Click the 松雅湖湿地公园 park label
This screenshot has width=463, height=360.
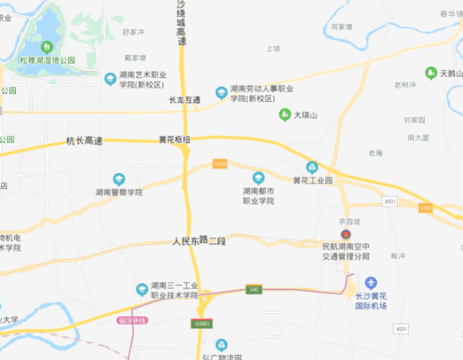(x=48, y=60)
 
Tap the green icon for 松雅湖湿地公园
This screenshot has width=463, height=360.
(x=48, y=47)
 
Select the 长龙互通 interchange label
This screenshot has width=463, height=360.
(x=184, y=100)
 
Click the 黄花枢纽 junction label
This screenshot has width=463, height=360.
(x=174, y=140)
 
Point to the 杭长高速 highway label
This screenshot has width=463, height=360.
(x=85, y=140)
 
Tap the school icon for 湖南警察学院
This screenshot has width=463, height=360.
(x=119, y=179)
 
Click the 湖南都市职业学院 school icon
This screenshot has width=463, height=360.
(x=258, y=178)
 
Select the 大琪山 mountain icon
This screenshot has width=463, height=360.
(x=285, y=115)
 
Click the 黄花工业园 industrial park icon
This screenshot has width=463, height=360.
(x=312, y=167)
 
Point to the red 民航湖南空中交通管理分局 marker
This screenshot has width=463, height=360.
(x=346, y=235)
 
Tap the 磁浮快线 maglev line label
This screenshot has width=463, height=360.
(x=132, y=320)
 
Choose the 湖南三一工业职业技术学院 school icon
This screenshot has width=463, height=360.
(x=142, y=290)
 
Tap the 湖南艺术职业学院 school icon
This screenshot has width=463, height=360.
(x=110, y=78)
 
